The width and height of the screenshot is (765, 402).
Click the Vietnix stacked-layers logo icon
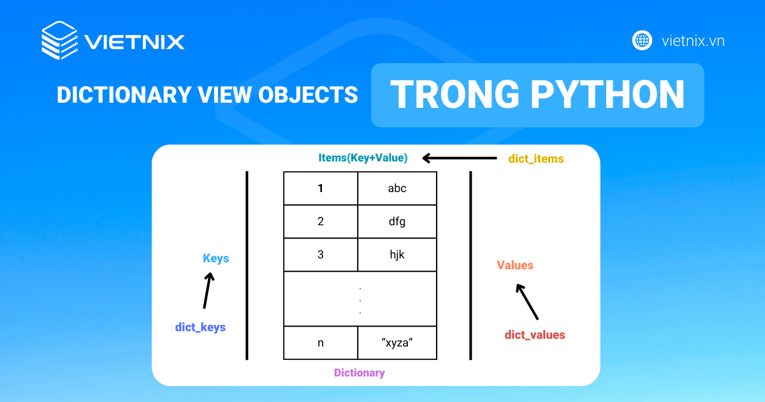[59, 40]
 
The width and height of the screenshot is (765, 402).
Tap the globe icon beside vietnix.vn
[642, 41]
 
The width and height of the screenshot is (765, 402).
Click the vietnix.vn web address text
[693, 41]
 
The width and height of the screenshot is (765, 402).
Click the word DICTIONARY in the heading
[124, 94]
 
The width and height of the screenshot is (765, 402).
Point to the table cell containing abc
[397, 188]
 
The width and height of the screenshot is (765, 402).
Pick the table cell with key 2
[320, 221]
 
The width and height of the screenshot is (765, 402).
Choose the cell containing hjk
[397, 255]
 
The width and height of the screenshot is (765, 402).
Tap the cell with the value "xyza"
[397, 343]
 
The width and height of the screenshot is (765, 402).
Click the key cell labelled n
[320, 343]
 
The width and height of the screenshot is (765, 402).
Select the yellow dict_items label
[536, 159]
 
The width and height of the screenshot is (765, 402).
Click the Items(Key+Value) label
[363, 158]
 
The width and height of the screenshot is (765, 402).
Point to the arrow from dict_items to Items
[460, 158]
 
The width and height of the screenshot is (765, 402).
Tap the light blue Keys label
[216, 258]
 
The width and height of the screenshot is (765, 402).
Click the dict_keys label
[200, 327]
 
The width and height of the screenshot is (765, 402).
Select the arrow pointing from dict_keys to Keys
[208, 290]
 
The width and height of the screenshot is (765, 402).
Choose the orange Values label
[515, 265]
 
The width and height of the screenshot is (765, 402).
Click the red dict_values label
[535, 335]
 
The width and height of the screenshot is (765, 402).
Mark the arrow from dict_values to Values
[527, 302]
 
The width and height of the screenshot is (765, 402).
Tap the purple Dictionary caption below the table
[360, 373]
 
